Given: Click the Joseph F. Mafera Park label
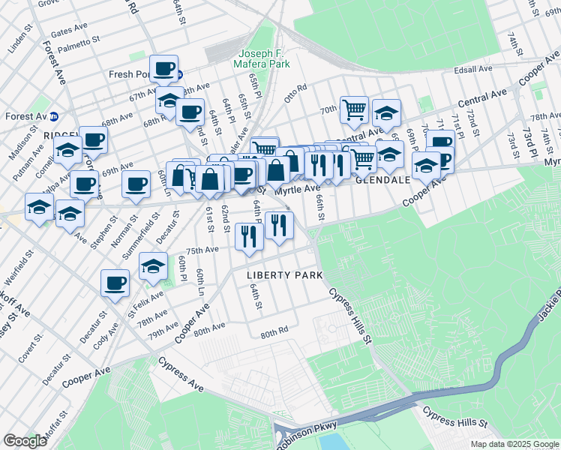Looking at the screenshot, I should click(x=264, y=59).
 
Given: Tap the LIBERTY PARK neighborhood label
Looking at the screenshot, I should click(x=285, y=275).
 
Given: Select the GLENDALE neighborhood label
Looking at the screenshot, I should click(x=382, y=181).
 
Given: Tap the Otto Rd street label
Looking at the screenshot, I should click(x=295, y=93).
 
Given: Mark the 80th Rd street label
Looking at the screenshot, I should click(x=274, y=331).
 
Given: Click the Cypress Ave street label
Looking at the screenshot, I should click(x=181, y=373).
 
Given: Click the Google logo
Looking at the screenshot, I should click(x=25, y=441).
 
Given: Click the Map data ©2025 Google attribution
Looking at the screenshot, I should click(x=514, y=444).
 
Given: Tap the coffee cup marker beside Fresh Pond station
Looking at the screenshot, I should click(x=163, y=69).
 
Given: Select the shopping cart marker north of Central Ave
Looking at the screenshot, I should click(x=354, y=109).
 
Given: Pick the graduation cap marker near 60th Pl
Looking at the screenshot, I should click(x=154, y=267).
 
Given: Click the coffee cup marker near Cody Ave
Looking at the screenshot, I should click(x=115, y=283).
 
